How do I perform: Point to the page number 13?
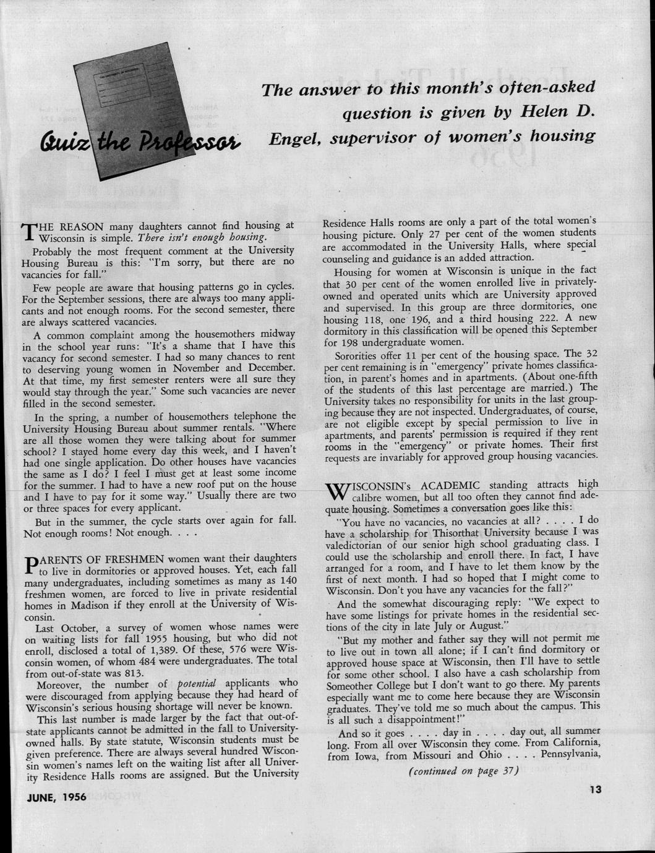click(596, 789)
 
